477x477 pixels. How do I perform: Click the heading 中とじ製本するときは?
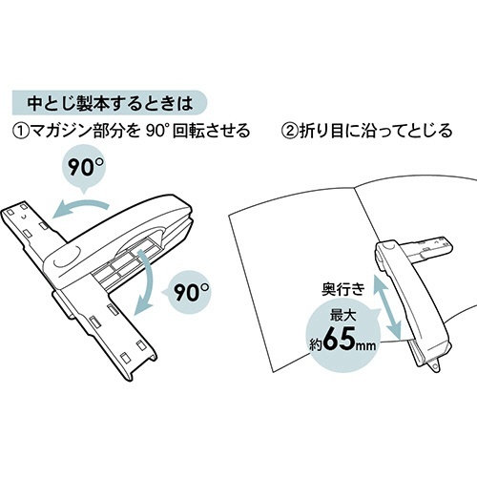(x=110, y=103)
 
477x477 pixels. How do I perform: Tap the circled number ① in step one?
(x=19, y=131)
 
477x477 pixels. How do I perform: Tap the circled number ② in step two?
(x=289, y=131)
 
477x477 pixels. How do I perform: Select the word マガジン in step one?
(x=59, y=131)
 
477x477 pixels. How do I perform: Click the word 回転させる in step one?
(x=211, y=131)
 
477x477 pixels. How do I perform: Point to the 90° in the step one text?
(x=156, y=130)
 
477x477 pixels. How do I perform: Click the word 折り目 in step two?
(x=321, y=131)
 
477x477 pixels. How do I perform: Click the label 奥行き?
(x=343, y=289)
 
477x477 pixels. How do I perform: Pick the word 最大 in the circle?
(x=342, y=315)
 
